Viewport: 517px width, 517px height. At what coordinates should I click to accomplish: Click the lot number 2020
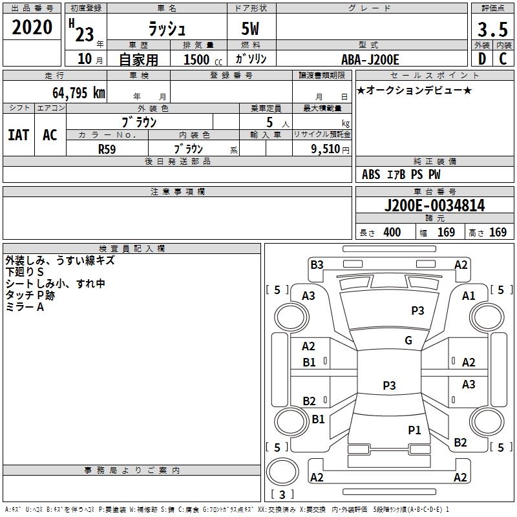point(32,27)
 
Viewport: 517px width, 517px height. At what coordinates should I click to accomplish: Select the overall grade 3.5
point(492,29)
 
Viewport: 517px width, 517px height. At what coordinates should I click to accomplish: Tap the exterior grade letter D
point(482,59)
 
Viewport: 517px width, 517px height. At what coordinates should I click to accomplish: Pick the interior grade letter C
point(503,59)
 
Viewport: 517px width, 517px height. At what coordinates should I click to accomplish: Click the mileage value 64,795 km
point(79,92)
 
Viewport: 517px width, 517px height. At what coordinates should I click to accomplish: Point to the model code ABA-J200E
point(370,59)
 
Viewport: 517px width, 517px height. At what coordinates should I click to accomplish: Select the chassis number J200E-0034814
point(434,206)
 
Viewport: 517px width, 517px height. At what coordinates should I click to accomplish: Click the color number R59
point(107,149)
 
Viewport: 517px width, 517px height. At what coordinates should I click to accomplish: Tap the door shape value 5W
point(250,28)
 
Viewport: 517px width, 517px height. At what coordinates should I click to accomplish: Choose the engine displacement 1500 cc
point(203,59)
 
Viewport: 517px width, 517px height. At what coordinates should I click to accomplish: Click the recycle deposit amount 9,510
point(326,149)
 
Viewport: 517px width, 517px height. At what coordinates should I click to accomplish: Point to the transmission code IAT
point(19,135)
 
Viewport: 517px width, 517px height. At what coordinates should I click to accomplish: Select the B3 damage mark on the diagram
point(317,265)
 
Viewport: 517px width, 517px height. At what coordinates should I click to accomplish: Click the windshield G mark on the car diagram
point(408,341)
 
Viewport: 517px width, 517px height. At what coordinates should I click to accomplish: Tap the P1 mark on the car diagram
point(414,430)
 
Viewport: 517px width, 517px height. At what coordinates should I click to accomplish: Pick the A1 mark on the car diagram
point(469,296)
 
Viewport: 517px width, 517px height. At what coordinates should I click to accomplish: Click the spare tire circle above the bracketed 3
point(282,472)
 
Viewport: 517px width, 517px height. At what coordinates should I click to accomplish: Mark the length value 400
point(392,232)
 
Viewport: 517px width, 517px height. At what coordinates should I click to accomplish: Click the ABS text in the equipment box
point(371,174)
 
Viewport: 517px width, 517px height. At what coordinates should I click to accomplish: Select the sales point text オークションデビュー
point(414,90)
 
